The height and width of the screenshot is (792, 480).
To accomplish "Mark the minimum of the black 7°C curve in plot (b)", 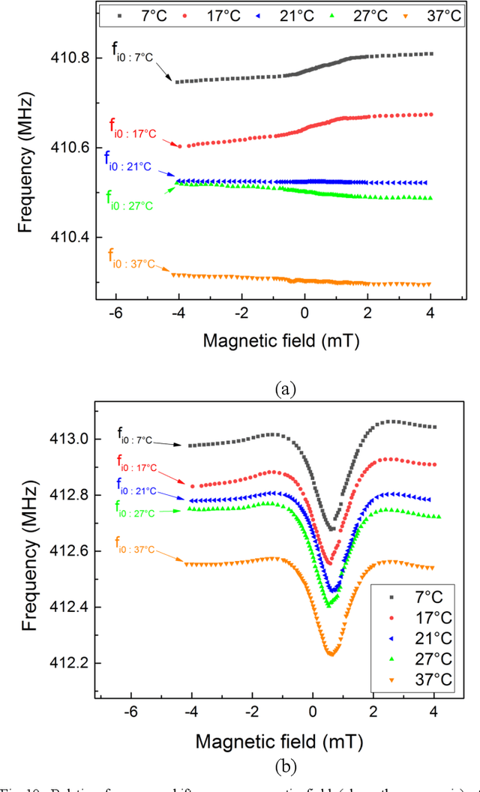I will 332,529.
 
